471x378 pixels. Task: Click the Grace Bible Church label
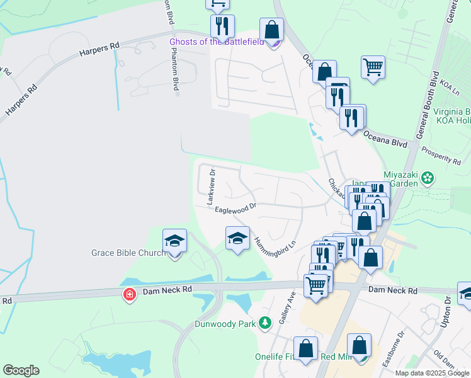click(128, 253)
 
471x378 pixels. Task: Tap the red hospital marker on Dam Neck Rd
click(129, 294)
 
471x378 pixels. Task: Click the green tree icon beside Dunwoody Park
click(266, 323)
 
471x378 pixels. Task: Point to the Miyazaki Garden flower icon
click(428, 178)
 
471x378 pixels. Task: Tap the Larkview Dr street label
click(212, 186)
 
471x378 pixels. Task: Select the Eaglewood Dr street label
click(235, 207)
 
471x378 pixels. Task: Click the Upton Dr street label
click(448, 325)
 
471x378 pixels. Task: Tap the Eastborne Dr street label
click(401, 343)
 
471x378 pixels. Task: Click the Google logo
click(21, 370)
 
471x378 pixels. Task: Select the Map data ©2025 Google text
click(433, 373)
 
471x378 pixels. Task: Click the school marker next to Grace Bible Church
click(174, 241)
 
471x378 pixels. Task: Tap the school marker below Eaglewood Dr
click(237, 238)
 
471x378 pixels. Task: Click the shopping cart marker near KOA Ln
click(373, 67)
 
